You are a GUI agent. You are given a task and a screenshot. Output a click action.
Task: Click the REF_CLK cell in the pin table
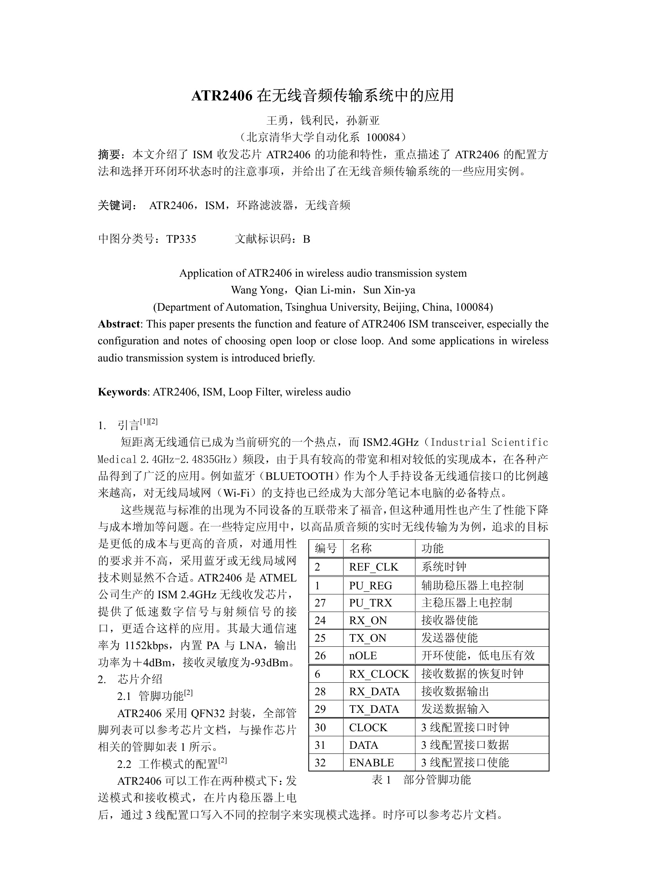tap(374, 567)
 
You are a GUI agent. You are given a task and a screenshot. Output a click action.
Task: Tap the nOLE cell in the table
tap(363, 655)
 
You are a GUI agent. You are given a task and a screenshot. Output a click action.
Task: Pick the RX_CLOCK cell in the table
tap(379, 674)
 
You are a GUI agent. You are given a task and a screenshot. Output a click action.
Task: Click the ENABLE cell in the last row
tap(371, 762)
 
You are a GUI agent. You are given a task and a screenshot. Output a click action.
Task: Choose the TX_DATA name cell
tap(374, 709)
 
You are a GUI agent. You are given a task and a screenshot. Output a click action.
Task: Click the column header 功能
tap(432, 549)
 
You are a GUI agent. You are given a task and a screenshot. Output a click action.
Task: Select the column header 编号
tap(326, 549)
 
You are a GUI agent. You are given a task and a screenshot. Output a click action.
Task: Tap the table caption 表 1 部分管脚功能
tap(421, 780)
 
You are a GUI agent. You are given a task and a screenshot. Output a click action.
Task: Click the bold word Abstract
tap(118, 324)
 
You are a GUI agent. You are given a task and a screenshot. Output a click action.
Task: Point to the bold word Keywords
tap(122, 392)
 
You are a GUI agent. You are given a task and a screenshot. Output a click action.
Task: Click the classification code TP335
tap(181, 239)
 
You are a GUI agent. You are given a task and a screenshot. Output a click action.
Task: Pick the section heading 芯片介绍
tap(140, 679)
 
